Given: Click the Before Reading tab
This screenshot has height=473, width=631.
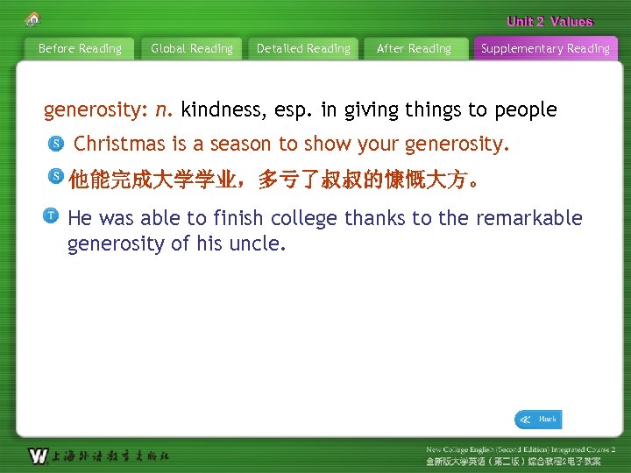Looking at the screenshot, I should (x=80, y=49).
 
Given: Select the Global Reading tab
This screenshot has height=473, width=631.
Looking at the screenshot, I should (x=192, y=49).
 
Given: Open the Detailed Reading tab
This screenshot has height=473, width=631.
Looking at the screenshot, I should (x=303, y=49).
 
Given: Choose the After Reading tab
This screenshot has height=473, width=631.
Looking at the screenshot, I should (x=414, y=49).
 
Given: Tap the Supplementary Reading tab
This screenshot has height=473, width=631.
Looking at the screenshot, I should (x=545, y=49).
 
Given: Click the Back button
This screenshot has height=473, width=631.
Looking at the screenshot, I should (x=538, y=420).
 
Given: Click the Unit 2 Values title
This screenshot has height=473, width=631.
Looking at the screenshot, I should (x=549, y=22).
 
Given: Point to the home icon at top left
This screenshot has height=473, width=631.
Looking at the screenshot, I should (x=33, y=18).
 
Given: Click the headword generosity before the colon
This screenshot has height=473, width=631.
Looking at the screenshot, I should (x=96, y=110).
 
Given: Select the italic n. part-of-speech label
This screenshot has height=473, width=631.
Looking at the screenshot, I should (x=164, y=110).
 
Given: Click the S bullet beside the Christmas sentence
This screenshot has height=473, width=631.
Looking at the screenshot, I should (x=55, y=143).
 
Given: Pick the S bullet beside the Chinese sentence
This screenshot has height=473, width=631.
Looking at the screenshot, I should (x=55, y=178).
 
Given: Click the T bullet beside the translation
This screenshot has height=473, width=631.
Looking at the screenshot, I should (x=52, y=215).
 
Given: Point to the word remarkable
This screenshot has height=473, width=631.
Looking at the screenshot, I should (x=529, y=218).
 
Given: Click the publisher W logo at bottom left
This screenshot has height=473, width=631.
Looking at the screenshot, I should (x=38, y=455).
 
